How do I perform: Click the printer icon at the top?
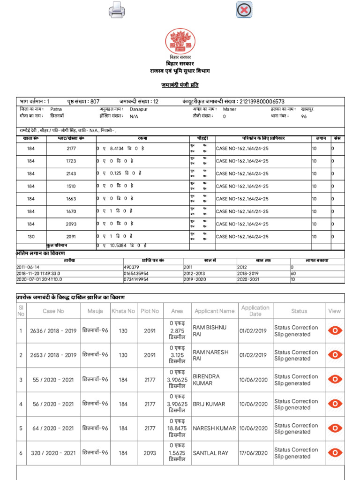[x=117, y=9]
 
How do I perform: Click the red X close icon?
[x=244, y=9]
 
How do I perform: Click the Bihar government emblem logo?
[x=180, y=41]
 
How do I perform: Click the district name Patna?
[x=56, y=109]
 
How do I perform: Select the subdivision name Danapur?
[x=139, y=109]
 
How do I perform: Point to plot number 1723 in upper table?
[x=71, y=161]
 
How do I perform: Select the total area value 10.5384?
[x=119, y=245]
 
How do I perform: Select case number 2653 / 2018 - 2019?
[x=53, y=355]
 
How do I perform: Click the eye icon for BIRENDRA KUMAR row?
[x=335, y=379]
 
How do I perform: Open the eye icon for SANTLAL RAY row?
[x=335, y=453]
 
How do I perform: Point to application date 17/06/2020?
[x=254, y=453]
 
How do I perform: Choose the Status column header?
[x=299, y=311]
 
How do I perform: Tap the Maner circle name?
[x=230, y=109]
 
